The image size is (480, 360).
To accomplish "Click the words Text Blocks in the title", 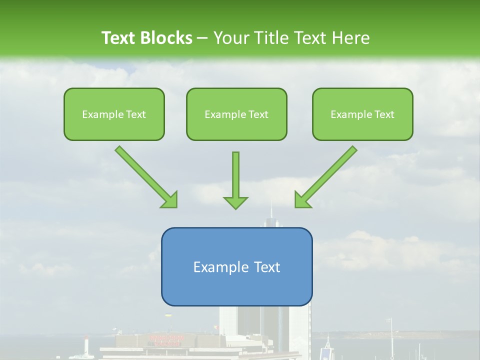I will (x=146, y=38).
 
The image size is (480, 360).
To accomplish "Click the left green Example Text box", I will (x=114, y=114).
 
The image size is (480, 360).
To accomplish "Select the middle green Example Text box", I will (x=236, y=114).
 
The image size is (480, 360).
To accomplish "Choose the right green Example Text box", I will (x=362, y=114).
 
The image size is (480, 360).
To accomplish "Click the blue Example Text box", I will (x=236, y=267).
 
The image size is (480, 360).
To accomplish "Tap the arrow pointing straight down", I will (x=235, y=180).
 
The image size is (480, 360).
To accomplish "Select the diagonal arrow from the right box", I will (x=326, y=176).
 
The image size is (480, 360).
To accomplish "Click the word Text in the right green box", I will (x=384, y=114).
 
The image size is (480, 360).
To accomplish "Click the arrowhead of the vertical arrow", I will (x=235, y=202).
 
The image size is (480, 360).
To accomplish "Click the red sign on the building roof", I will (x=166, y=339).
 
